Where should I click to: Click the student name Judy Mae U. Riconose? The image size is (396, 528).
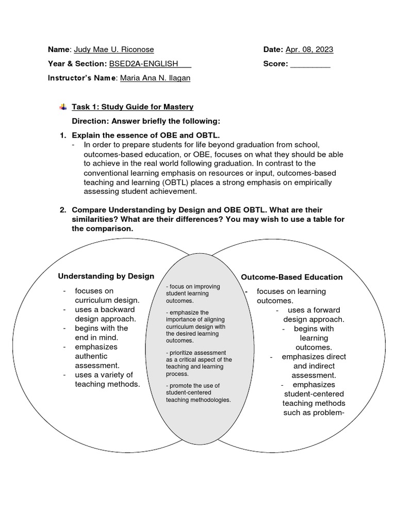113,49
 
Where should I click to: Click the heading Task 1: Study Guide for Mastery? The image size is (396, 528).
133,107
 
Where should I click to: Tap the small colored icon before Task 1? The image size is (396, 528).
63,107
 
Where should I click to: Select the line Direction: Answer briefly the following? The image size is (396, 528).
146,121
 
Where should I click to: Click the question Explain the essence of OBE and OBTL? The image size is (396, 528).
146,135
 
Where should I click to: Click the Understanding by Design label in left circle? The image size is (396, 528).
106,276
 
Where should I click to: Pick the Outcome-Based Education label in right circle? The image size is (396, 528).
292,277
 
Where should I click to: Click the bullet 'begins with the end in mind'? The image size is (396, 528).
101,333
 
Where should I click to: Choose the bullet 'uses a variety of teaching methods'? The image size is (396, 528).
107,379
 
